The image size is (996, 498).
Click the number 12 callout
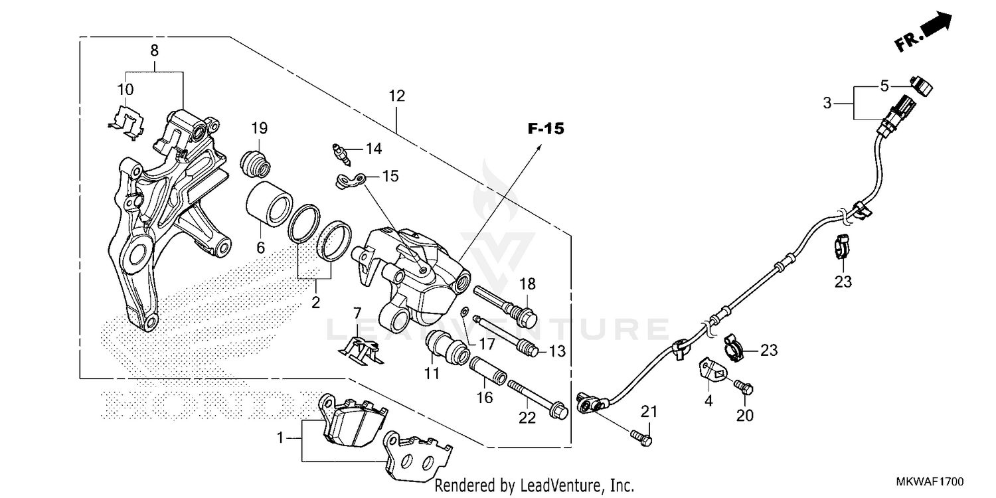[x=396, y=96]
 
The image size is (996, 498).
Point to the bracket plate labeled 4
[x=710, y=372]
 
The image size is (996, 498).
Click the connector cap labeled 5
[x=922, y=83]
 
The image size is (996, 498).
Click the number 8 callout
[x=154, y=50]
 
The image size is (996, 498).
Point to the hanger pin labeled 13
[x=505, y=335]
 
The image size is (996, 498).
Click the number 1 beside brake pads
[x=280, y=438]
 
